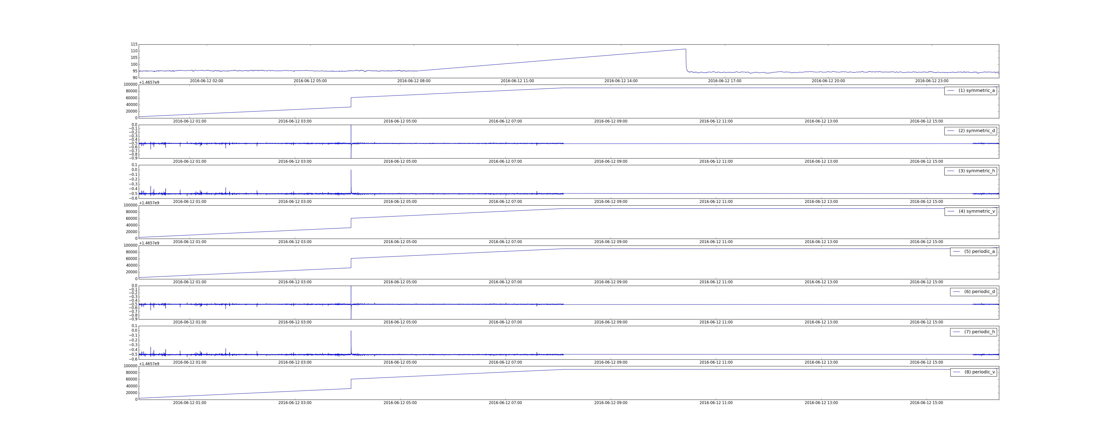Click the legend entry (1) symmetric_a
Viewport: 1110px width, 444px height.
tap(970, 91)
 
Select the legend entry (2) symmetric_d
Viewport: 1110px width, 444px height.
tap(970, 131)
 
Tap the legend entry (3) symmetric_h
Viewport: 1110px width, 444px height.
tap(970, 171)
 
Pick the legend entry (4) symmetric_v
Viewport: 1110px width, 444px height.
tap(970, 211)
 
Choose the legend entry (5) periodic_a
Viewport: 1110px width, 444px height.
tap(973, 251)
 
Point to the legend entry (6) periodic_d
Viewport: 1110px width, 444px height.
tap(973, 291)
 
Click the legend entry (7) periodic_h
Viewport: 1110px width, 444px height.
tap(973, 332)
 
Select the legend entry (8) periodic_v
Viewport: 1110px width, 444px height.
tap(973, 372)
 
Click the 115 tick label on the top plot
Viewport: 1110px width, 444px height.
tap(134, 44)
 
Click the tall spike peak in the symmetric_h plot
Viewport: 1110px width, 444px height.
tap(351, 170)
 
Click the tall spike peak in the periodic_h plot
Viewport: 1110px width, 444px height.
tap(351, 331)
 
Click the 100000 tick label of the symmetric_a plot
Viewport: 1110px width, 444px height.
tap(130, 85)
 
